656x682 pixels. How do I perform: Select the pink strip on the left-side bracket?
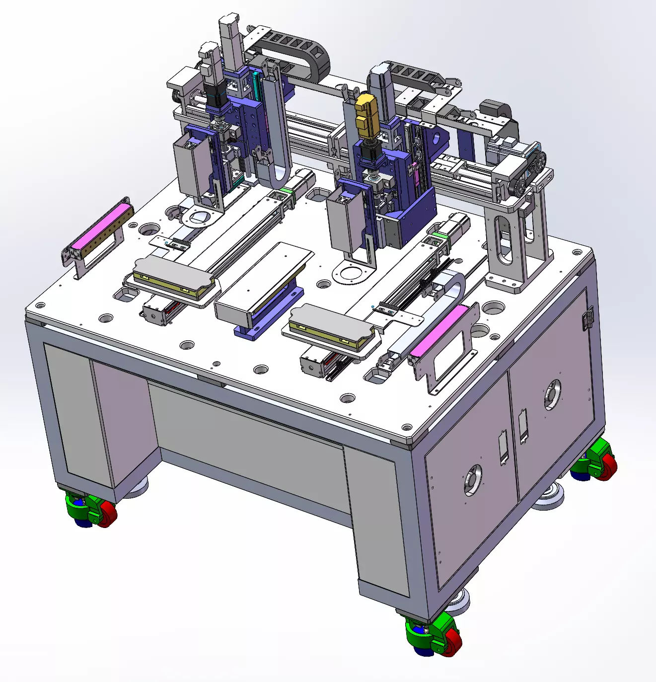point(102,227)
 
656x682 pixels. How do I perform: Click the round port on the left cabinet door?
point(473,480)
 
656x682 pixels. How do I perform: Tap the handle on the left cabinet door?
point(503,447)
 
